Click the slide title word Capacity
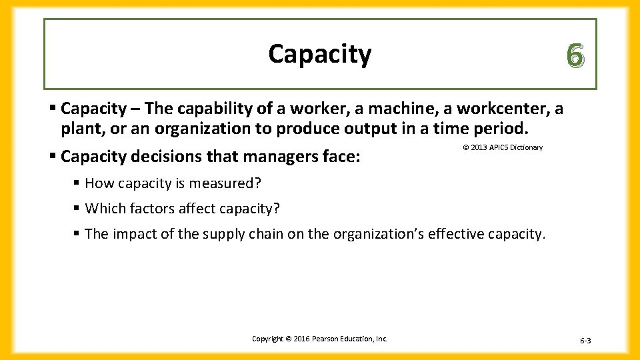(x=319, y=55)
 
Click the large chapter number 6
(x=575, y=55)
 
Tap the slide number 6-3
(x=585, y=341)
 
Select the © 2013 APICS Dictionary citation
(x=503, y=147)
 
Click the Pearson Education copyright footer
(x=319, y=339)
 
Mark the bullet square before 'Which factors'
(x=77, y=209)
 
